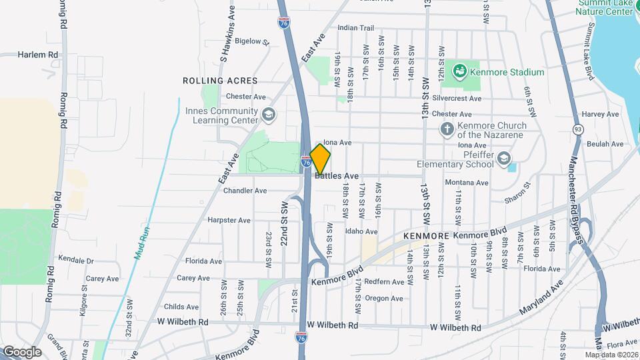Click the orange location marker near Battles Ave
[321, 159]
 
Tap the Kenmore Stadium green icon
[459, 71]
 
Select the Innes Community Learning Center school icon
[268, 115]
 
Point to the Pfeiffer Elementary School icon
[504, 159]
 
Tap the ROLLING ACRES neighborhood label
[220, 80]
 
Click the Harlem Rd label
[38, 55]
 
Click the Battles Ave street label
[337, 176]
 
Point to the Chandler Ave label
[245, 191]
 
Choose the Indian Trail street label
[356, 28]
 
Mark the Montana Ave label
[467, 183]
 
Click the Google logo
[22, 351]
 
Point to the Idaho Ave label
[361, 231]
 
